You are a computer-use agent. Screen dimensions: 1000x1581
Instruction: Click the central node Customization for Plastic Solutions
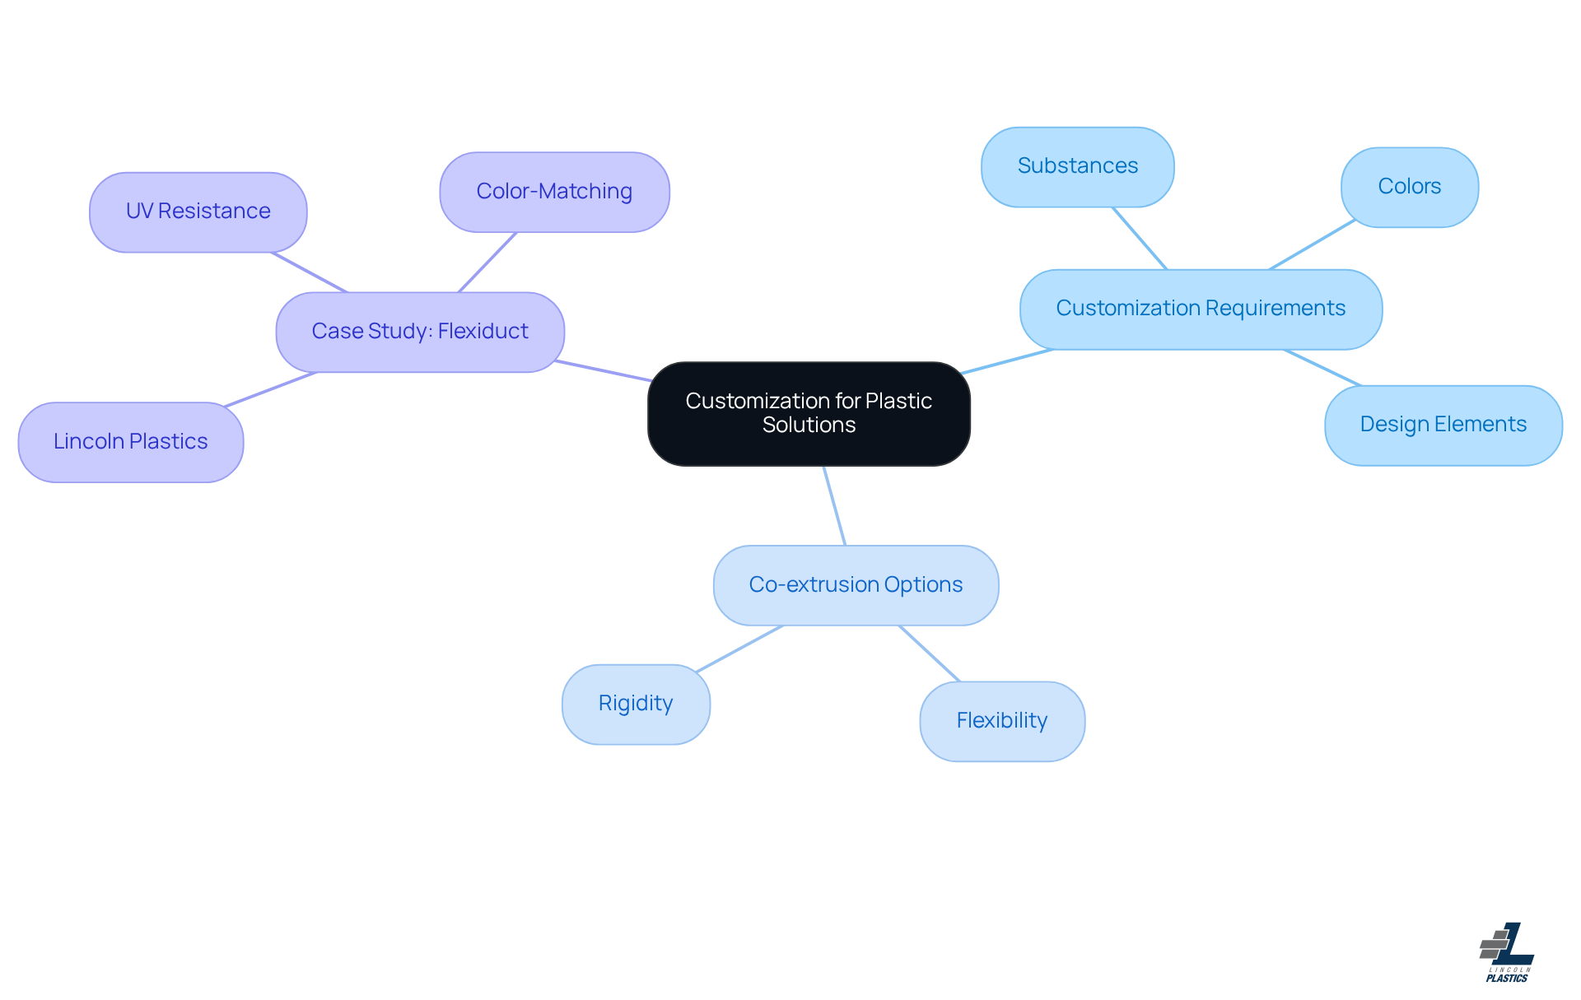(809, 413)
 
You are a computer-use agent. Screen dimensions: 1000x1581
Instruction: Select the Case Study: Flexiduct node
(420, 332)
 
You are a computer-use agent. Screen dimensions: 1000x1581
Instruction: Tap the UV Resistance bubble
(198, 212)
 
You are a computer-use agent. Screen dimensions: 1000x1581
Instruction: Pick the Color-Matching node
(554, 192)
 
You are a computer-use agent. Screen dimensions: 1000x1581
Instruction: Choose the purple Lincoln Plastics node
(130, 442)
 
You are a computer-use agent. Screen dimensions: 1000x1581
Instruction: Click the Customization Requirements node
(1201, 309)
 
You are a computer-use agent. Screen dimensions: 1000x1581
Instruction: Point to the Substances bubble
(1077, 166)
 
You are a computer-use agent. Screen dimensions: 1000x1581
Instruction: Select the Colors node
(1409, 187)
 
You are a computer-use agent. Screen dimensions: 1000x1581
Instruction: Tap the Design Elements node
(1443, 425)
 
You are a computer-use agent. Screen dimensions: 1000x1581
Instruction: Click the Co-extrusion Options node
(856, 585)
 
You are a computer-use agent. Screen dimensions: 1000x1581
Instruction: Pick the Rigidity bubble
(636, 704)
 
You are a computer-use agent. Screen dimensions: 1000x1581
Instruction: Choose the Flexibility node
(1001, 721)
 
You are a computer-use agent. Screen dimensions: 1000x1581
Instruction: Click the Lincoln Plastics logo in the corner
(1506, 952)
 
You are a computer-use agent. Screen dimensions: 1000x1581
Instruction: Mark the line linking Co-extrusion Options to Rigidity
(739, 649)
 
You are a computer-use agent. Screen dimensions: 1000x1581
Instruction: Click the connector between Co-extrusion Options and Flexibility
(930, 653)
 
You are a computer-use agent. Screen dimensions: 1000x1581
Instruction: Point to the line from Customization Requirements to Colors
(1312, 244)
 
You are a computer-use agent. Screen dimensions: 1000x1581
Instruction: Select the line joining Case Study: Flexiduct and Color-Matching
(487, 262)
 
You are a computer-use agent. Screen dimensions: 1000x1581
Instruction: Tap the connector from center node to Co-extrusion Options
(834, 505)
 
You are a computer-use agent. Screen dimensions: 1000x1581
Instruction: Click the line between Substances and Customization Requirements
(1140, 238)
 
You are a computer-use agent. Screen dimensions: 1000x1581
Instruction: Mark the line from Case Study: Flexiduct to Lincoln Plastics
(271, 389)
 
